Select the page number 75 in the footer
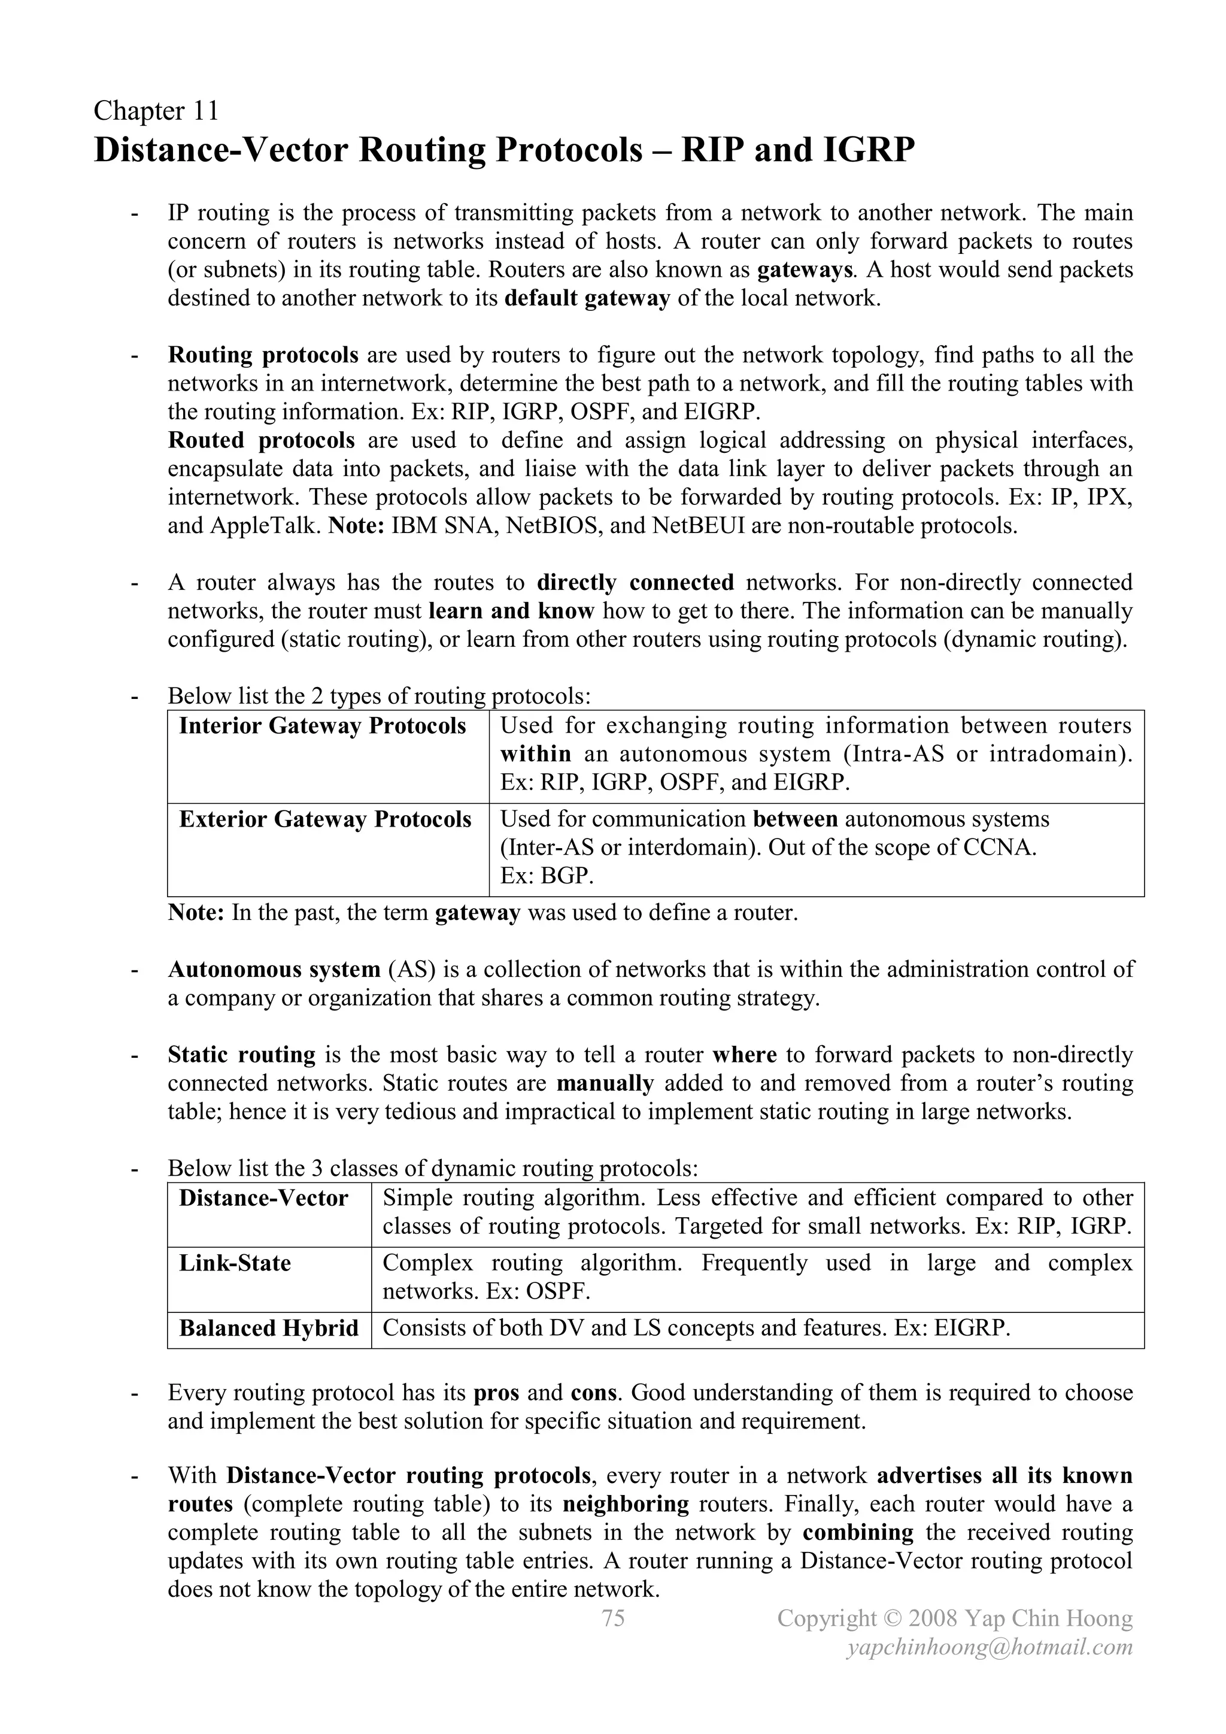[x=613, y=1618]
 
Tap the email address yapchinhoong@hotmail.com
[x=990, y=1647]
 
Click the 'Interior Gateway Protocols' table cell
[x=322, y=726]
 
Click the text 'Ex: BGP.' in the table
[x=547, y=876]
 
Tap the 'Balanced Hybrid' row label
[x=268, y=1329]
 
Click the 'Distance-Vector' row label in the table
[x=263, y=1199]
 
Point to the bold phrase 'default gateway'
[x=587, y=298]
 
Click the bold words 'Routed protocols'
[x=261, y=440]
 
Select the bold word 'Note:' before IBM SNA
[x=357, y=526]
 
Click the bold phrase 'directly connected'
[x=635, y=582]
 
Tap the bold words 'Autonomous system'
[x=274, y=969]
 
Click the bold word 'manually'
[x=605, y=1083]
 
